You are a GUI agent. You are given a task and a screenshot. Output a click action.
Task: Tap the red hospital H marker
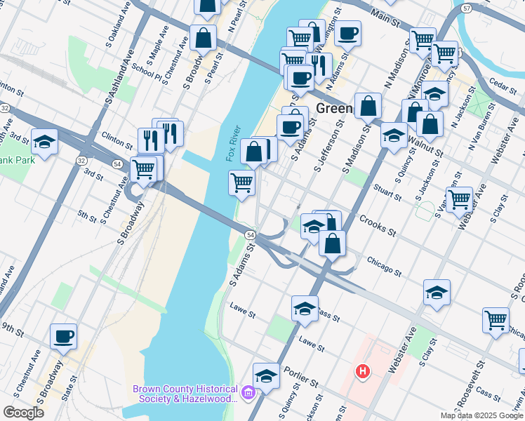[362, 371]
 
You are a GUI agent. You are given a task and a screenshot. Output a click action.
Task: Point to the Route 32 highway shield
[5, 108]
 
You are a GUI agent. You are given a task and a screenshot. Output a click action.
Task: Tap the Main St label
[385, 18]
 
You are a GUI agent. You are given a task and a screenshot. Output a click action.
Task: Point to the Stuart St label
[387, 189]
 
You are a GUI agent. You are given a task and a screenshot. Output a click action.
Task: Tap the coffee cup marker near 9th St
[63, 336]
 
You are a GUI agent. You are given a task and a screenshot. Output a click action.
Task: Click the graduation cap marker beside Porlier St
[266, 376]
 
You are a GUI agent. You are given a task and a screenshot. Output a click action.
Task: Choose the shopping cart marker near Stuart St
[460, 199]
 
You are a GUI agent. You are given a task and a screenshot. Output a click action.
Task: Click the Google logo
[23, 413]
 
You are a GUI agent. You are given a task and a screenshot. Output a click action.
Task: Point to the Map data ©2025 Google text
[481, 415]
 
